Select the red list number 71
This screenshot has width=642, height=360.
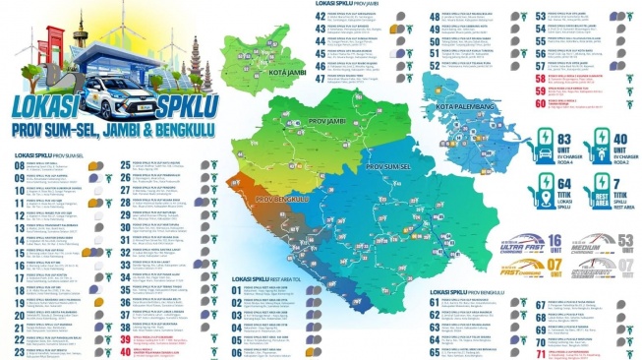pos(540,353)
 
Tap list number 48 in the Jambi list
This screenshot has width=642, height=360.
pos(435,17)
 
